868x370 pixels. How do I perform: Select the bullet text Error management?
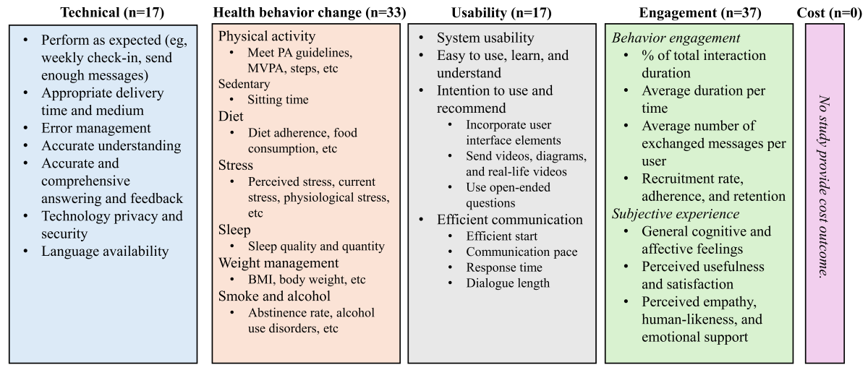[96, 128]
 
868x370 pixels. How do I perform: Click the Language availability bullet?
[105, 251]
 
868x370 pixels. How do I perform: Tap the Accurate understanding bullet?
[111, 145]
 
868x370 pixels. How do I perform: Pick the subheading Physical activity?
[267, 36]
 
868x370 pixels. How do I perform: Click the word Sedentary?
[244, 84]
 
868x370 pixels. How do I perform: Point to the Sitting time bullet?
[278, 100]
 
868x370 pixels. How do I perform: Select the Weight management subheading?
[278, 262]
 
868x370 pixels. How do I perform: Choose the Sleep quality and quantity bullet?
[316, 246]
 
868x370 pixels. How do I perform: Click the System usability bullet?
[485, 38]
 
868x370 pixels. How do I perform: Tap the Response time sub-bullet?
[504, 267]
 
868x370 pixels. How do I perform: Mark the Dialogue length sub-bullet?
[508, 283]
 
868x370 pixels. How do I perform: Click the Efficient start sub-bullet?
[502, 236]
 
